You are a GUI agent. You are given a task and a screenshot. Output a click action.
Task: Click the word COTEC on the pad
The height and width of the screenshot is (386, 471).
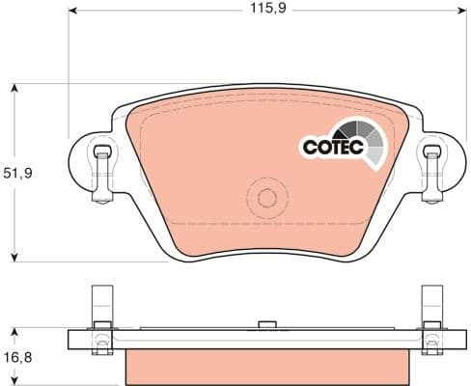(329, 148)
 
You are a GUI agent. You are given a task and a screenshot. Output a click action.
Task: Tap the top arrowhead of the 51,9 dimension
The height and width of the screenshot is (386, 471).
(14, 90)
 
